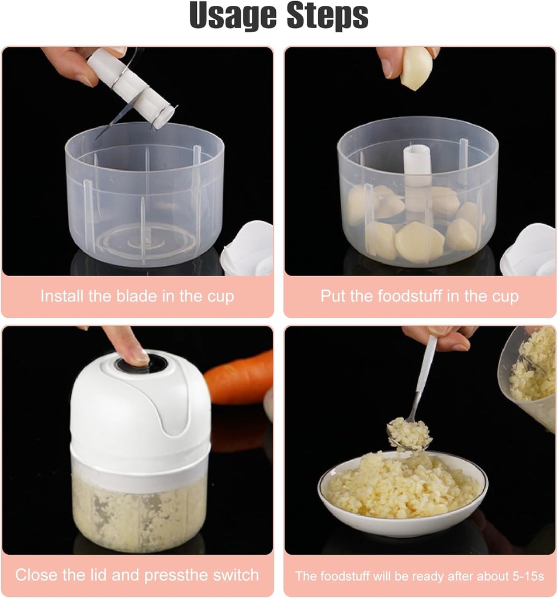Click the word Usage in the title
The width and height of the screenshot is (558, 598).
pyautogui.click(x=231, y=16)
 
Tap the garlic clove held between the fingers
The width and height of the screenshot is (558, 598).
pyautogui.click(x=416, y=68)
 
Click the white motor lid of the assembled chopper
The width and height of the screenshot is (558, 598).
pyautogui.click(x=140, y=409)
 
